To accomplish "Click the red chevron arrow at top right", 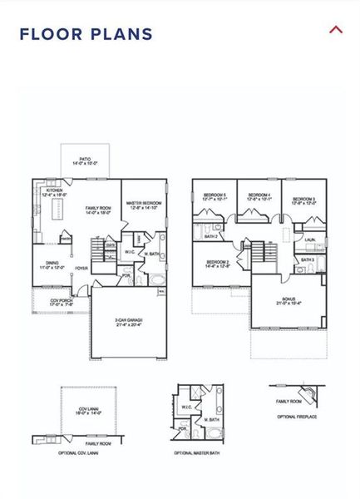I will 336,30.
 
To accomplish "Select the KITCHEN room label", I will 54,191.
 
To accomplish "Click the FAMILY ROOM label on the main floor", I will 99,210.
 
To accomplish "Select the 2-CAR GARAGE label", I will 130,321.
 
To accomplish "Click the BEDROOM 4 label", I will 259,197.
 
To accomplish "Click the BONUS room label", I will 288,301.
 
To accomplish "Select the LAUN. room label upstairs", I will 310,240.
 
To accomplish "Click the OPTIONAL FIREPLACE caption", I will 297,416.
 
